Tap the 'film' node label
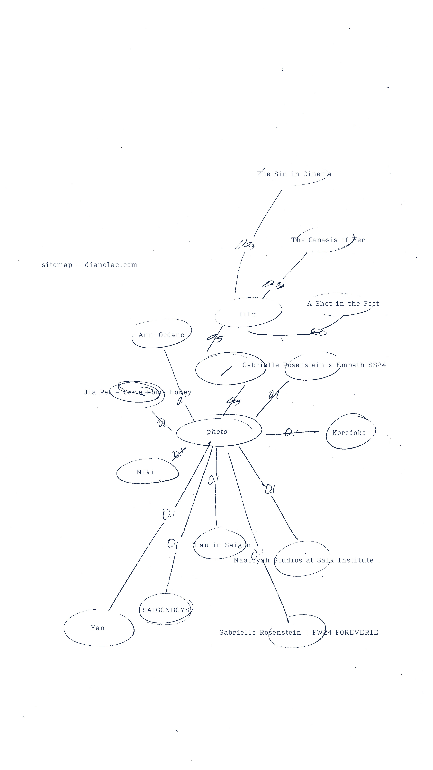tap(248, 314)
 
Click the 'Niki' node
tap(145, 472)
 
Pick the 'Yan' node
tap(98, 628)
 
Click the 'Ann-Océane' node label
tap(161, 335)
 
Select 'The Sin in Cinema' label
tap(294, 174)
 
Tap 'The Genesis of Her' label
tap(328, 240)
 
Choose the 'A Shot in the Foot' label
tap(343, 304)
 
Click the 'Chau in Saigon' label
tap(220, 545)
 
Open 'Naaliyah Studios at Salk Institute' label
tap(303, 560)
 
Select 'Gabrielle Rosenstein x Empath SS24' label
tap(314, 365)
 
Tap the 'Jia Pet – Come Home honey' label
tap(137, 392)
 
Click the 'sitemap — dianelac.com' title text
tap(89, 265)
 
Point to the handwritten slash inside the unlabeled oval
tap(226, 371)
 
